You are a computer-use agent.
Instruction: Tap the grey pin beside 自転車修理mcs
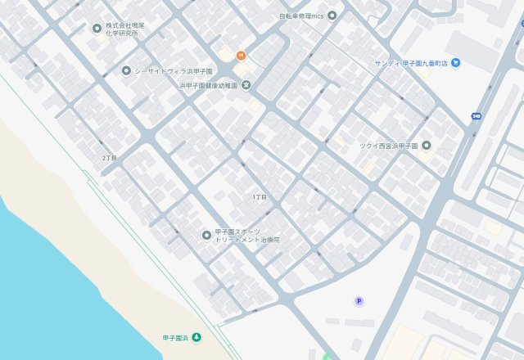[332, 15]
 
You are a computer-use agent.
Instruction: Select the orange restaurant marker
[240, 56]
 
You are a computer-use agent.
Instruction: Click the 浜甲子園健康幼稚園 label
[209, 85]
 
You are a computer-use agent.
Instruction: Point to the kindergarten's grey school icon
[246, 85]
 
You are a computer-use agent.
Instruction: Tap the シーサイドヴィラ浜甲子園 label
[173, 70]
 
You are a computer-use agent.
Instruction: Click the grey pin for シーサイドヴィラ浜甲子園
[126, 70]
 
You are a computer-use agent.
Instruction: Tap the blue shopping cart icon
[455, 62]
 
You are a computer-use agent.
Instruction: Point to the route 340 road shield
[476, 116]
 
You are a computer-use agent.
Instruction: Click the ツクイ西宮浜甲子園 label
[389, 146]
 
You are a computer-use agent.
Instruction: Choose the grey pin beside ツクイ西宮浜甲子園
[426, 146]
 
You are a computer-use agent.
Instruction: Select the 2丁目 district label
[110, 157]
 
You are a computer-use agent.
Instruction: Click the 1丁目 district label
[260, 198]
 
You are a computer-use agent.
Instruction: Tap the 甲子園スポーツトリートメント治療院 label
[247, 236]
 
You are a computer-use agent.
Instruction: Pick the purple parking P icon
[359, 301]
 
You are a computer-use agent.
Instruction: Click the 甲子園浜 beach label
[174, 337]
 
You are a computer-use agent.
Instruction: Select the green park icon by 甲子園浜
[196, 337]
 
